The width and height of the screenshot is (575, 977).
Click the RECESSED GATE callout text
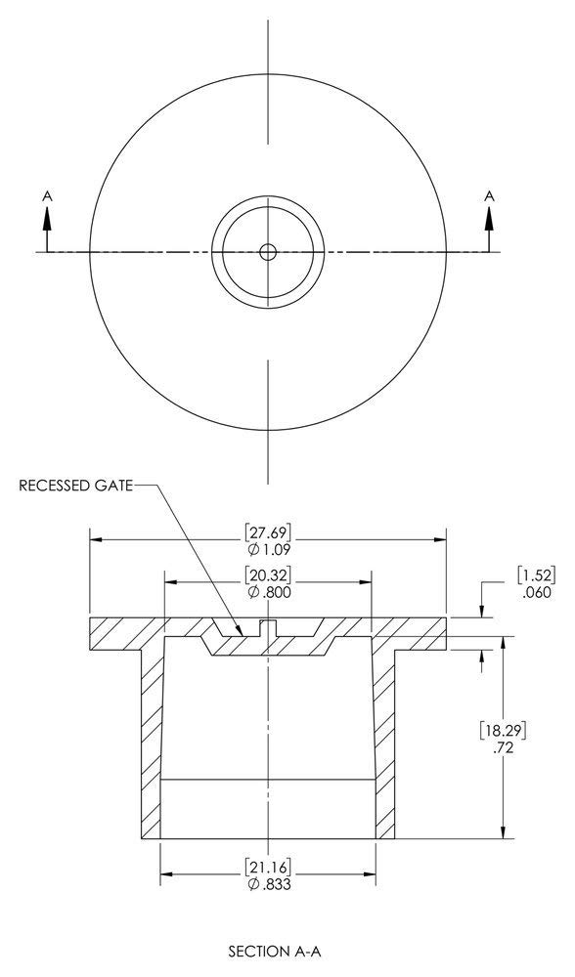click(74, 486)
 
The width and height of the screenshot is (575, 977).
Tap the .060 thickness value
click(533, 592)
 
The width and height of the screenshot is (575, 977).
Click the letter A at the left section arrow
click(46, 196)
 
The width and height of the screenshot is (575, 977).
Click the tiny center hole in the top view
click(267, 252)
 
